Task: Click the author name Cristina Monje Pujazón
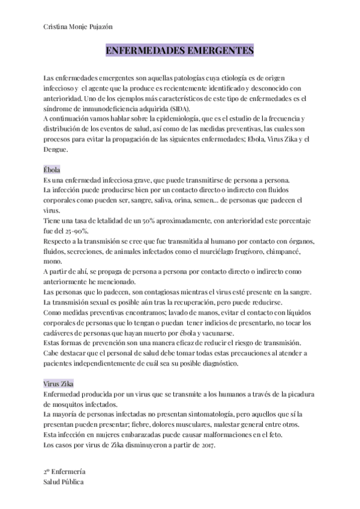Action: [x=78, y=27]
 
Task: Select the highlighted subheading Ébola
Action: [x=52, y=170]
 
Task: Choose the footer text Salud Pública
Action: [x=64, y=482]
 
